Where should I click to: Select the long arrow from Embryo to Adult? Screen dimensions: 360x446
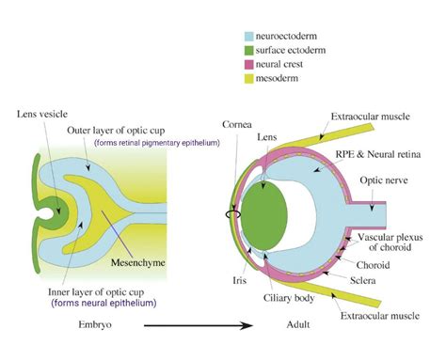(179, 327)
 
